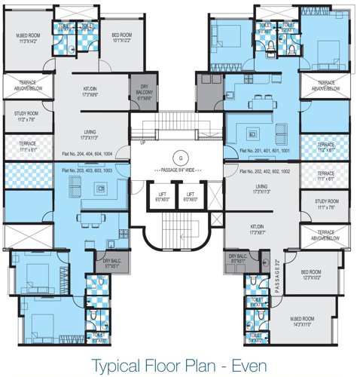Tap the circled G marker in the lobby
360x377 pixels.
click(179, 157)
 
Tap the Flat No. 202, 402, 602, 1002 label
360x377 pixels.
click(263, 172)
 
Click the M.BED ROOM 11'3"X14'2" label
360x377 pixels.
click(29, 38)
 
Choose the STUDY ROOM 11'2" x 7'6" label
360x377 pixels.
click(26, 117)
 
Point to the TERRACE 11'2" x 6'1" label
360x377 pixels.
click(325, 146)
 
